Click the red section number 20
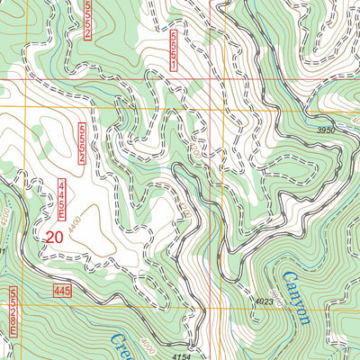[53, 238]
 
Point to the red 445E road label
[61, 200]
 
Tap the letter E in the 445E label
[61, 215]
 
